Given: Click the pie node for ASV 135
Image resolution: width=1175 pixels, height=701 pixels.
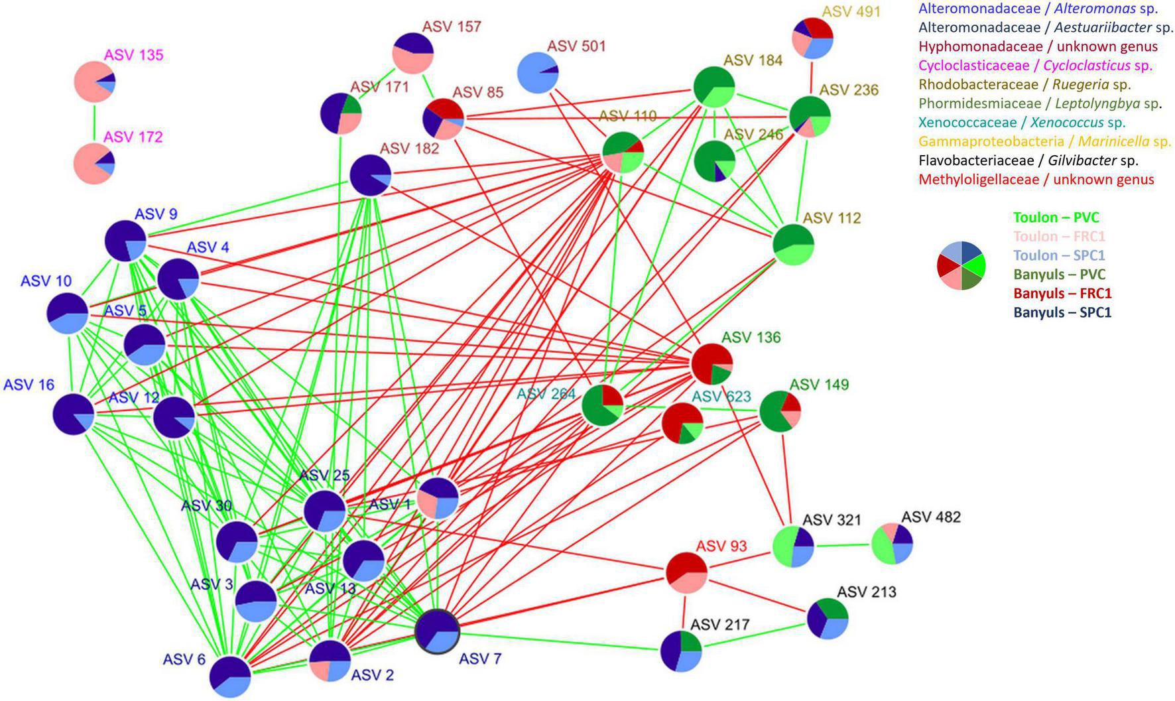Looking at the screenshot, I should pyautogui.click(x=95, y=82).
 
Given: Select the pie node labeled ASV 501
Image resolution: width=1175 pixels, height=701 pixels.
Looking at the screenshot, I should pyautogui.click(x=537, y=73).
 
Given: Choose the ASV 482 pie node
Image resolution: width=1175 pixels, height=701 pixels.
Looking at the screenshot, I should pyautogui.click(x=892, y=544).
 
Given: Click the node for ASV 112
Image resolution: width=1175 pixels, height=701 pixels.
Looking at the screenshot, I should pyautogui.click(x=793, y=245).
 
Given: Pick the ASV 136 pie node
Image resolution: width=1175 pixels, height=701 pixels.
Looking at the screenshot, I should pyautogui.click(x=711, y=364).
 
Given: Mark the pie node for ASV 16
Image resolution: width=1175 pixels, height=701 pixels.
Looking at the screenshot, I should pyautogui.click(x=74, y=414).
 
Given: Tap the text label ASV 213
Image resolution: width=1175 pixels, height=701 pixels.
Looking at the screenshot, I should pyautogui.click(x=867, y=592).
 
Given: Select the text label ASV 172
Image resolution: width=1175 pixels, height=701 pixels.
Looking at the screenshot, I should pyautogui.click(x=133, y=137).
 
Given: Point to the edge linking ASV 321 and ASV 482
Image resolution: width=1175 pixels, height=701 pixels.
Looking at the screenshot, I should pyautogui.click(x=842, y=546).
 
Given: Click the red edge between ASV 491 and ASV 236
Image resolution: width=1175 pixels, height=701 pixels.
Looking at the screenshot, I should pyautogui.click(x=811, y=78).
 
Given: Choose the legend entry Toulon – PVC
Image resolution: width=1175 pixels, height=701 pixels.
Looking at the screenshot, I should pyautogui.click(x=1056, y=218).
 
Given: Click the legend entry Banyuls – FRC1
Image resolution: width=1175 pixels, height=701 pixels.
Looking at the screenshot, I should pyautogui.click(x=1062, y=293).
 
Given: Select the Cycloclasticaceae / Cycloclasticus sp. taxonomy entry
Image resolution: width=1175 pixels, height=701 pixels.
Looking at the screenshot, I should pyautogui.click(x=1035, y=66).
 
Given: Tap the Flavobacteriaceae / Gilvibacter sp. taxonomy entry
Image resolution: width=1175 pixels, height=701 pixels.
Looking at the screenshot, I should pyautogui.click(x=1028, y=160).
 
